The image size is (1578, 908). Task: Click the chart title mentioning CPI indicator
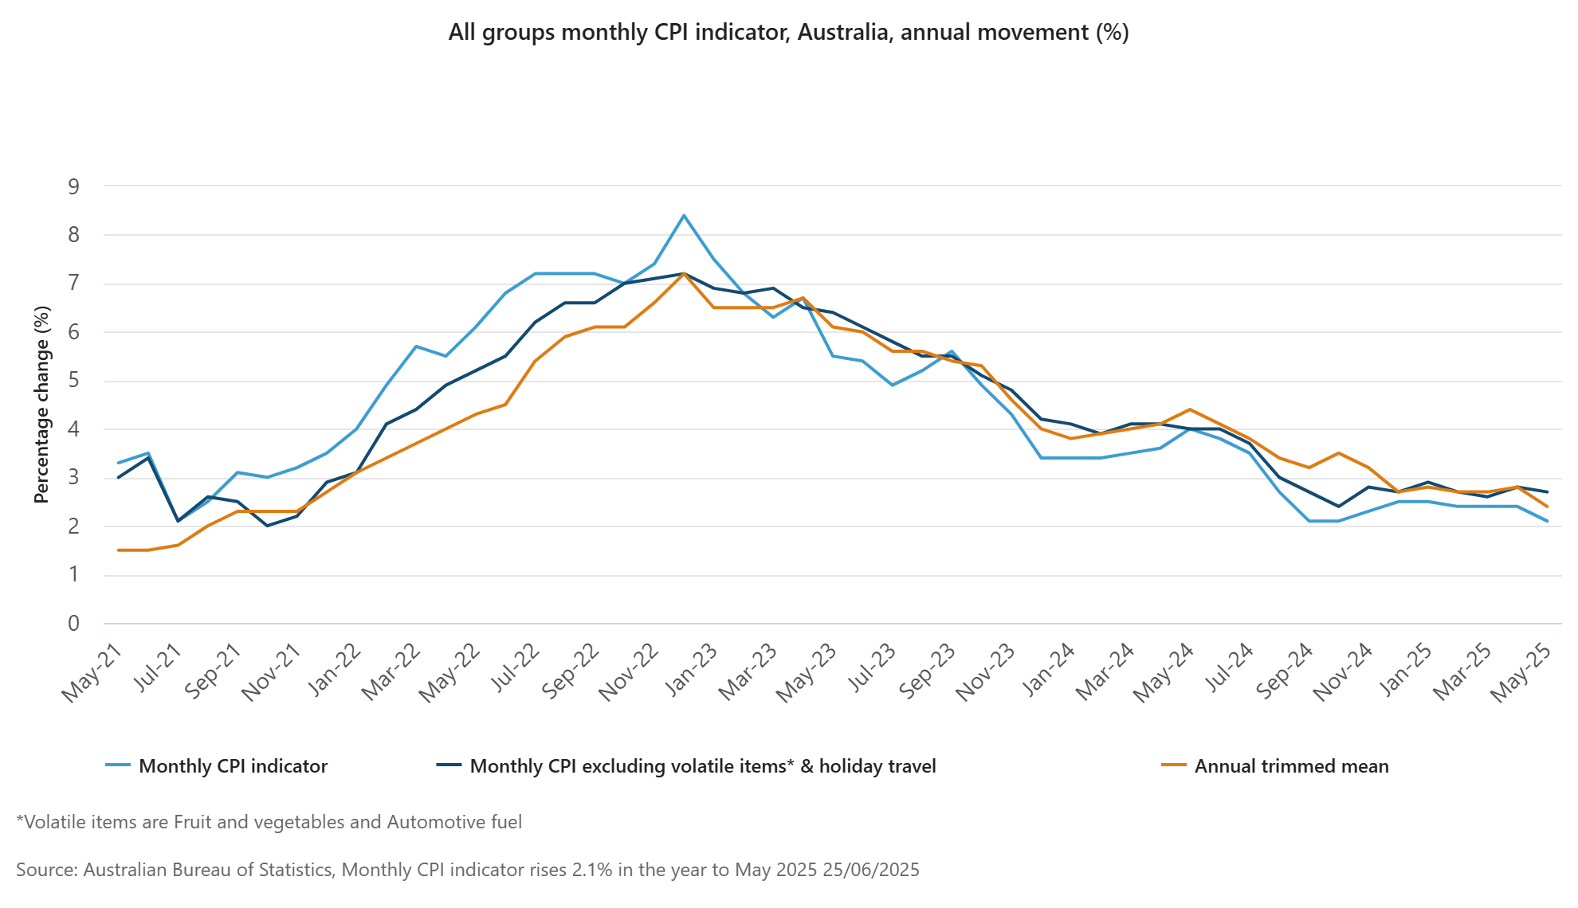788,33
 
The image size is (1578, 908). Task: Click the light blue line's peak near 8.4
684,216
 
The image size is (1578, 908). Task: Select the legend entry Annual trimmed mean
1290,766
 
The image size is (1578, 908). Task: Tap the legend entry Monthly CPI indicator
233,766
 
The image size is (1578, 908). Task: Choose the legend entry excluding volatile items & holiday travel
702,766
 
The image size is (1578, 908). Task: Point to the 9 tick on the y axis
74,187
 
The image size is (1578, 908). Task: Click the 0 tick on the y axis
74,624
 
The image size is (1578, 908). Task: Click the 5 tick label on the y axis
74,381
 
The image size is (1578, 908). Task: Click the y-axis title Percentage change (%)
41,405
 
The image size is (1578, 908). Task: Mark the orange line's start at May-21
118,550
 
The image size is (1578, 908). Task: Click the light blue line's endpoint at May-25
1547,521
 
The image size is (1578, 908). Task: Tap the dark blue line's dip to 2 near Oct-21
267,526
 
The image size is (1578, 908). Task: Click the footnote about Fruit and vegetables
269,822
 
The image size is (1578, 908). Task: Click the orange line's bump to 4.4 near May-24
1190,409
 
